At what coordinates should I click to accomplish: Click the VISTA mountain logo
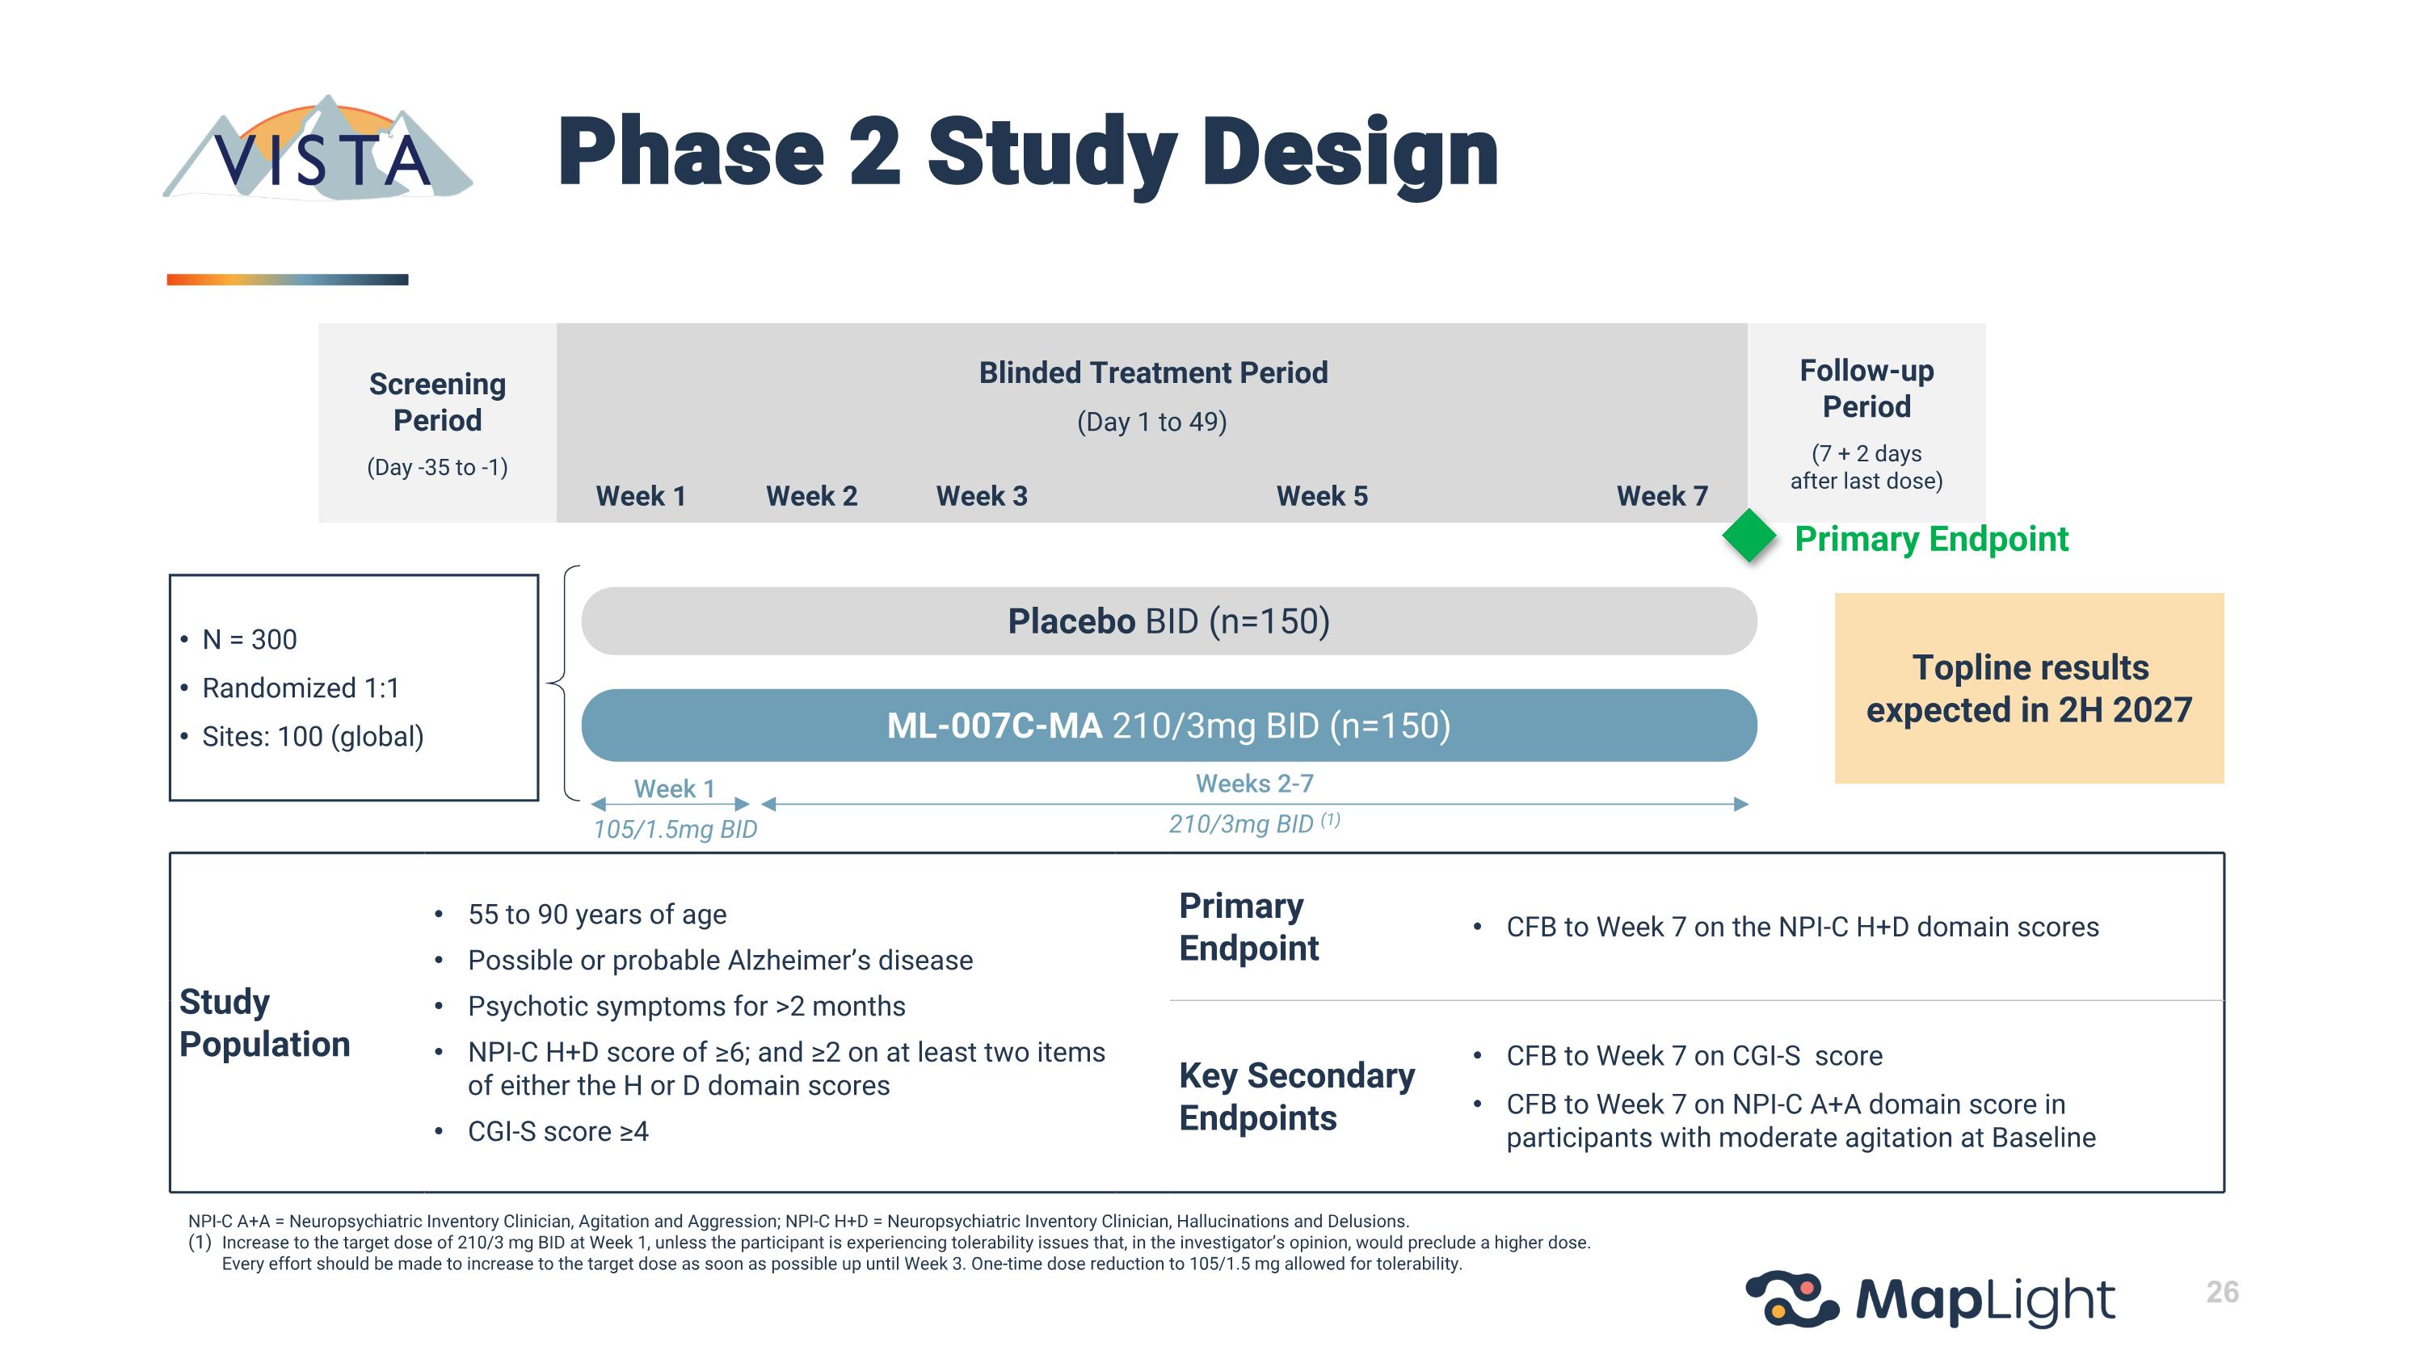pyautogui.click(x=318, y=150)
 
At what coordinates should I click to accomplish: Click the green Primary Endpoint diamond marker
pyautogui.click(x=1749, y=536)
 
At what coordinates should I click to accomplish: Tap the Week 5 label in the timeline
pyautogui.click(x=1321, y=496)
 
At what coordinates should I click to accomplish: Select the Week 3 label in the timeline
pyautogui.click(x=982, y=496)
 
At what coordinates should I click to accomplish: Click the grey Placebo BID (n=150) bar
pyautogui.click(x=1168, y=621)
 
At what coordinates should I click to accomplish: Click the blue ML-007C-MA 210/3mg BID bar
pyautogui.click(x=1168, y=726)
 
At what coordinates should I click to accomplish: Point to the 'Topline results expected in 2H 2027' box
pyautogui.click(x=2029, y=688)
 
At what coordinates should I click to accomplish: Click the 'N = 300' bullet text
pyautogui.click(x=250, y=640)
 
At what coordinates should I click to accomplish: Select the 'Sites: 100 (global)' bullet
pyautogui.click(x=313, y=737)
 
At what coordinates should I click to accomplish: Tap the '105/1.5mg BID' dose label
pyautogui.click(x=675, y=829)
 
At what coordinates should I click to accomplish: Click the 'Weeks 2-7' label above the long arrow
pyautogui.click(x=1253, y=784)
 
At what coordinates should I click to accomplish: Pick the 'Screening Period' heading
pyautogui.click(x=438, y=402)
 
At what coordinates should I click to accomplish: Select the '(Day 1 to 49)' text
pyautogui.click(x=1151, y=422)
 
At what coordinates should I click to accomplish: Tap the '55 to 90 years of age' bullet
pyautogui.click(x=596, y=915)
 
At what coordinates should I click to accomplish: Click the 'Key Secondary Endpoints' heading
pyautogui.click(x=1296, y=1096)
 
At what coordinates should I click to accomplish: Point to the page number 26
pyautogui.click(x=2222, y=1292)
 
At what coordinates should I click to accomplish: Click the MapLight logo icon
pyautogui.click(x=1791, y=1299)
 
